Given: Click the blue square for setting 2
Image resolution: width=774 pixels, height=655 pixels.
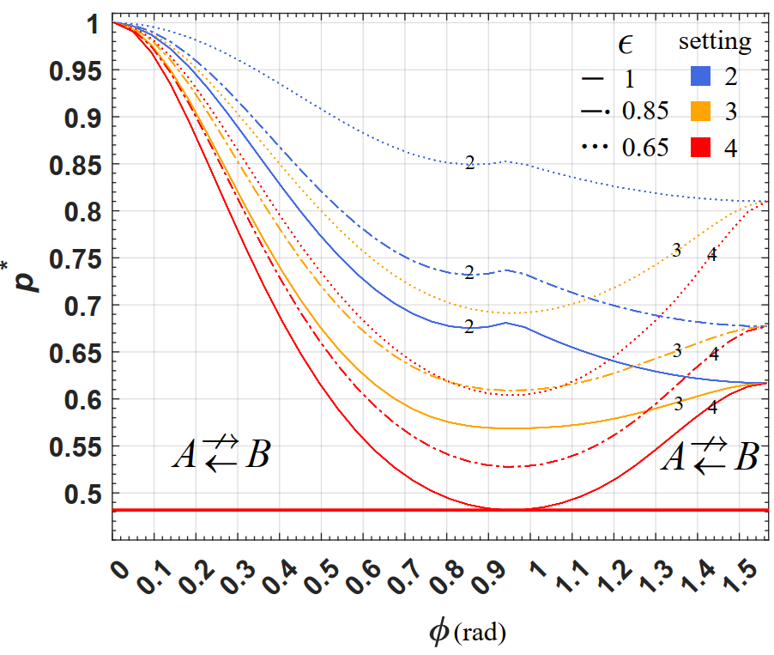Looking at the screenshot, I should [x=703, y=77].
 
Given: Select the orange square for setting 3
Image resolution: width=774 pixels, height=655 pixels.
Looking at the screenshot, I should [x=703, y=112].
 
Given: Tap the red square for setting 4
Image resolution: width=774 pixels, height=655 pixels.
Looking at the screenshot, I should [x=703, y=147].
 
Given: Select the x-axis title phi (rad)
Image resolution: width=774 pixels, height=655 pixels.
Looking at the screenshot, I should [x=467, y=633].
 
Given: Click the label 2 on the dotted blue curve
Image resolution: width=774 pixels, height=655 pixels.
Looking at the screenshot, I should [x=469, y=162].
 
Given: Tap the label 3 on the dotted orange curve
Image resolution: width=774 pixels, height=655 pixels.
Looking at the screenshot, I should [x=676, y=251].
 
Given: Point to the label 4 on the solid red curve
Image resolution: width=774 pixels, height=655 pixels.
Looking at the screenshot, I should [x=711, y=408].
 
